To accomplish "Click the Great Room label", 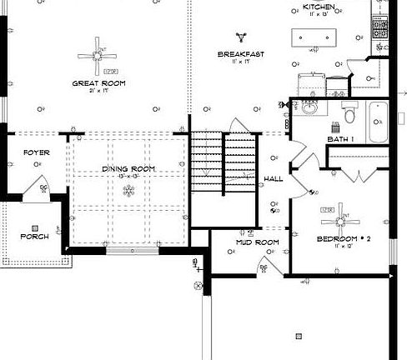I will pos(98,83).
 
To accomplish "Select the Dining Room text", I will pos(129,169).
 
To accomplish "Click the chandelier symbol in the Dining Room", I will pos(128,191).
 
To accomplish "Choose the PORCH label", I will pos(34,236).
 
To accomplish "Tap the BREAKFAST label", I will pos(241,54).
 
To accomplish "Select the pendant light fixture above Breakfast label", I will pos(242,36).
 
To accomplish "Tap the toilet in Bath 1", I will pos(350,111).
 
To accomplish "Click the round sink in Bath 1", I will pos(309,109).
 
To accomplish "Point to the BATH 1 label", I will pos(340,138).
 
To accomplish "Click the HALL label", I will pos(273,179).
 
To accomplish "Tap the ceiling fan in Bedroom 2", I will pos(340,220).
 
